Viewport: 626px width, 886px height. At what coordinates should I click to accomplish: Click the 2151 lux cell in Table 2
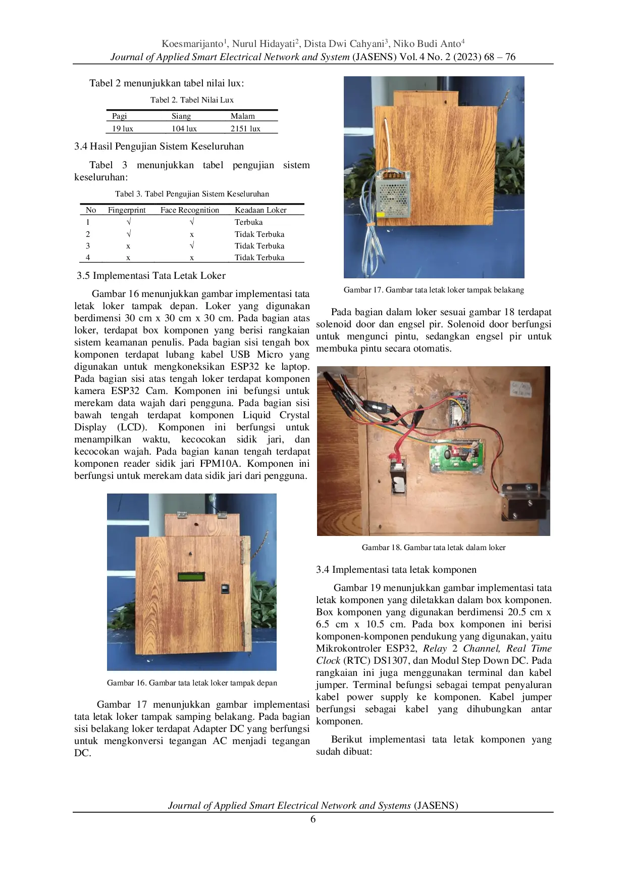[245, 129]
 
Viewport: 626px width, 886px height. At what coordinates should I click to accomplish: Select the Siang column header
[181, 116]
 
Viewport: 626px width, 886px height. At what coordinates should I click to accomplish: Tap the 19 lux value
[122, 129]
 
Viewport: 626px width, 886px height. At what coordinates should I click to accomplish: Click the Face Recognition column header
[189, 210]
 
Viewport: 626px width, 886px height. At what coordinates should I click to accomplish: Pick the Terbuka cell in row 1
[248, 222]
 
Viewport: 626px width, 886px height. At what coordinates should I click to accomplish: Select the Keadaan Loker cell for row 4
[259, 258]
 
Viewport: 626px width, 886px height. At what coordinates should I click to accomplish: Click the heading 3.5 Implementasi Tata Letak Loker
[151, 276]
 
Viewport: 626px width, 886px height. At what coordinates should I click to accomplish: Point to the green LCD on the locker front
[191, 577]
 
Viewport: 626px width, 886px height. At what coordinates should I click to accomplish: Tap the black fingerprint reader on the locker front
[225, 589]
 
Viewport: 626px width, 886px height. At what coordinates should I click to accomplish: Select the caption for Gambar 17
[434, 290]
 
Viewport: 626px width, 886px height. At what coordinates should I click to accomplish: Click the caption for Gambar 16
[192, 683]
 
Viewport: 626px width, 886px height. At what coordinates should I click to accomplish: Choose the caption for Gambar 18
[433, 548]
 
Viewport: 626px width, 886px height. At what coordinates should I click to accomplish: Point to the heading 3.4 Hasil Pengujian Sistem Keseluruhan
[159, 146]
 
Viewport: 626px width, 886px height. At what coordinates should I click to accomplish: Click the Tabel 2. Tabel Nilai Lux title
[192, 100]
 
